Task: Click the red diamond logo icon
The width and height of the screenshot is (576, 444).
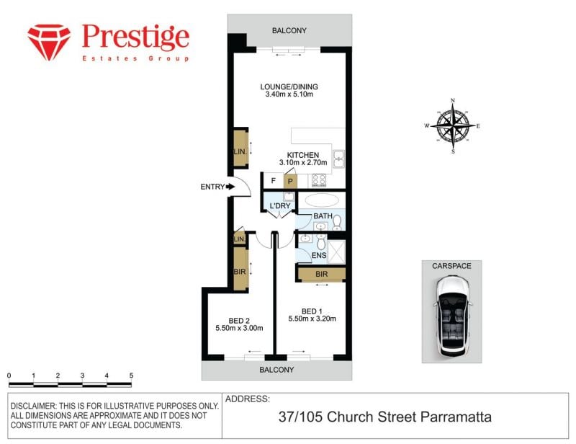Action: [49, 43]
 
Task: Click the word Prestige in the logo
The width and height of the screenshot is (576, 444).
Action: [135, 37]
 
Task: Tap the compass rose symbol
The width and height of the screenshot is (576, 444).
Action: [453, 126]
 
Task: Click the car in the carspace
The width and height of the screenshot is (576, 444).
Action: [452, 316]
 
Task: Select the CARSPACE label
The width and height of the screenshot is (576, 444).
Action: [451, 265]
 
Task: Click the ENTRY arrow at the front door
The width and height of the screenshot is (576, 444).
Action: [230, 187]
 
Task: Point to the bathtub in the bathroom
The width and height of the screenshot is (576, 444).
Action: [322, 200]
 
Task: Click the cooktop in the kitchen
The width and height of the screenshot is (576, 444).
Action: [319, 180]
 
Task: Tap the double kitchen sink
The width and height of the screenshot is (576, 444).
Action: [338, 159]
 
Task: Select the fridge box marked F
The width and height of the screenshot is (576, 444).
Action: [274, 181]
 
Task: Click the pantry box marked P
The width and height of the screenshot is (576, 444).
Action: [290, 181]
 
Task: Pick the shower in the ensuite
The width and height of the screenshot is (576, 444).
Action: [336, 252]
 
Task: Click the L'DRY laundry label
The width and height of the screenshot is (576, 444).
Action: [280, 205]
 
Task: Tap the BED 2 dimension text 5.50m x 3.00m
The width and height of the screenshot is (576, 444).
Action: [239, 328]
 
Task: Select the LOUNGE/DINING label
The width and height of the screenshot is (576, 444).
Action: [289, 86]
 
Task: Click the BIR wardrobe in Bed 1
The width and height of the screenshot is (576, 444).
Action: [321, 274]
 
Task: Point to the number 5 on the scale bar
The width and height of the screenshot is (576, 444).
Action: [131, 376]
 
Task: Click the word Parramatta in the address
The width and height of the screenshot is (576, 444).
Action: [456, 417]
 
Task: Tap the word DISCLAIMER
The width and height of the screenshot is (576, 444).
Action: [33, 406]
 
